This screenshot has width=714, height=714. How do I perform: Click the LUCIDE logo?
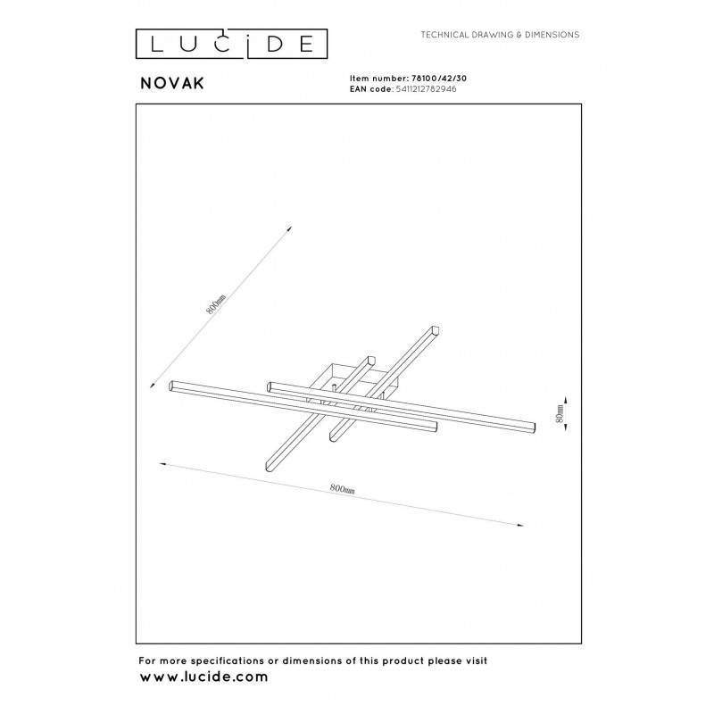click(231, 44)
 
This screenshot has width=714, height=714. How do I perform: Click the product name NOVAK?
click(172, 83)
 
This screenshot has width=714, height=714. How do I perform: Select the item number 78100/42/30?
click(436, 79)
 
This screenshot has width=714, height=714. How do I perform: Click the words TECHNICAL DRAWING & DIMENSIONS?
click(500, 35)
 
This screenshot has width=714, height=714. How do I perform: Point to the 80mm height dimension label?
click(560, 413)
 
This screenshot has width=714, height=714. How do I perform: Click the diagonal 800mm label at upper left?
click(216, 303)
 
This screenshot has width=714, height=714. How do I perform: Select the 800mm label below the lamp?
click(342, 488)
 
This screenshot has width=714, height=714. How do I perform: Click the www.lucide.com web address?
click(203, 677)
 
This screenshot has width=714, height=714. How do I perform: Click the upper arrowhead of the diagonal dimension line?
click(289, 228)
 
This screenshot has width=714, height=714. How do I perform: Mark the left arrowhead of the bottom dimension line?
click(162, 464)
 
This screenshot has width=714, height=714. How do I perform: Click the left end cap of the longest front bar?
click(171, 386)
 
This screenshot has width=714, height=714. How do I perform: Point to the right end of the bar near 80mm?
click(533, 428)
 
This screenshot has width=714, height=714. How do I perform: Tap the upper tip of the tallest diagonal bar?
click(436, 328)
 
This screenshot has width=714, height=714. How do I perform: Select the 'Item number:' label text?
click(376, 79)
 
